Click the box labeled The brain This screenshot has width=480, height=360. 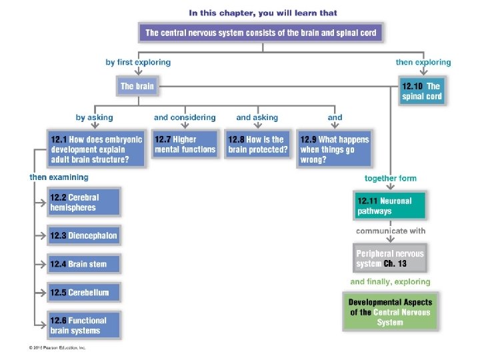137,87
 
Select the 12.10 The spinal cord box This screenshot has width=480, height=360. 421,91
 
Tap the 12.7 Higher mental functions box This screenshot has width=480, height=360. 185,145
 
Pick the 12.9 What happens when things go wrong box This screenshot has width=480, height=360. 334,149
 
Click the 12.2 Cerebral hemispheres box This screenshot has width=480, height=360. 84,203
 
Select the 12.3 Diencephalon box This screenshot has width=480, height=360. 84,235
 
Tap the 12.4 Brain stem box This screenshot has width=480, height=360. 84,264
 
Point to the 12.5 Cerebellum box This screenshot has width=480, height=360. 84,293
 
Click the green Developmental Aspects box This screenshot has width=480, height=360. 390,312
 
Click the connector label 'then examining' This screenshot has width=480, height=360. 59,177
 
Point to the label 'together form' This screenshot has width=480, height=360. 391,178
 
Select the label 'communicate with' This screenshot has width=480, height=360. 391,231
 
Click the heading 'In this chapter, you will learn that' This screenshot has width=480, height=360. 263,12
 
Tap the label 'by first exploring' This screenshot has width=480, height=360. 138,62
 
